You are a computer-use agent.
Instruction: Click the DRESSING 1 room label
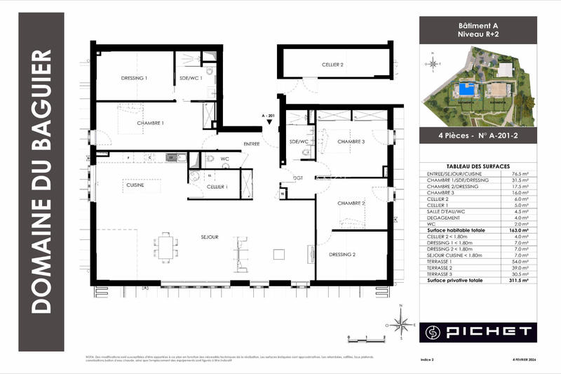coord(133,78)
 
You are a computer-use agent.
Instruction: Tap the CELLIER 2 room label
coord(332,65)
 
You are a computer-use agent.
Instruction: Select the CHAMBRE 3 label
coord(351,142)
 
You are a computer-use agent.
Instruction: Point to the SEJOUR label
coord(209,238)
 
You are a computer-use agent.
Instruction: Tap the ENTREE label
coord(252,145)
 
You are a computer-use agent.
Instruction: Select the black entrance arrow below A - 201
coord(270,126)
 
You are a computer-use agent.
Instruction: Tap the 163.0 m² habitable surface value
coord(518,229)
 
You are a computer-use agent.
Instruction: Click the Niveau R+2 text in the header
coord(478,34)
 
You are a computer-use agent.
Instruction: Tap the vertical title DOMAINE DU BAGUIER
coord(43,181)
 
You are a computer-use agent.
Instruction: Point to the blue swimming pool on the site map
coord(464,90)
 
